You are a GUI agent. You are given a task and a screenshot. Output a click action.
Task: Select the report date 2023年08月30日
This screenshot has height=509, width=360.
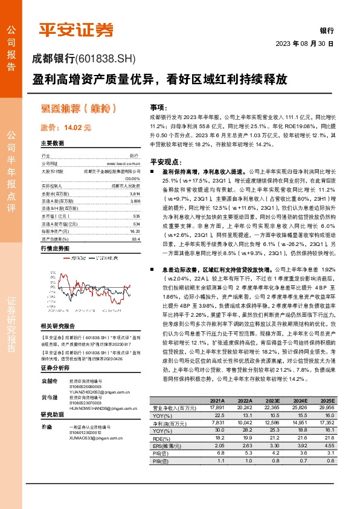click(x=304, y=44)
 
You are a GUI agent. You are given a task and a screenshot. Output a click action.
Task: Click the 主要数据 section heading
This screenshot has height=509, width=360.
click(x=53, y=144)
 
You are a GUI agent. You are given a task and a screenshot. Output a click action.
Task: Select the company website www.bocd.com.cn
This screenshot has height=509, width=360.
click(x=123, y=163)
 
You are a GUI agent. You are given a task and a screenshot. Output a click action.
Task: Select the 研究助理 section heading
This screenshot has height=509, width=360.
click(x=53, y=415)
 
